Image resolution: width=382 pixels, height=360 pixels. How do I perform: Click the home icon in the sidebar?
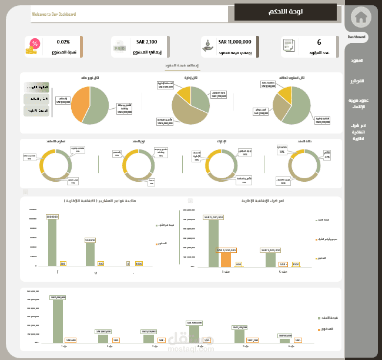point(361,16)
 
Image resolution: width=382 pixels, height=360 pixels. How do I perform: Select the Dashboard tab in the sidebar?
point(356,37)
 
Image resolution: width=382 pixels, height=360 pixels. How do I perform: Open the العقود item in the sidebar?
point(357,61)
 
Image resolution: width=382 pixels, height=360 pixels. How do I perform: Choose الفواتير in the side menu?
point(357,81)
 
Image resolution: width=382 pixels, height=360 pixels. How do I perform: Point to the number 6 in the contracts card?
point(319,42)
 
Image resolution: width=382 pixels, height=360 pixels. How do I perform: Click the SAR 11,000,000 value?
point(234,42)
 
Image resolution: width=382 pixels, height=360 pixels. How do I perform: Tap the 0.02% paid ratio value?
point(63,42)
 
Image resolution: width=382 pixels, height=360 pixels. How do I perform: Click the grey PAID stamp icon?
point(120,46)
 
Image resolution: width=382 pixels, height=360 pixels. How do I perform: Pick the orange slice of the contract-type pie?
point(79,102)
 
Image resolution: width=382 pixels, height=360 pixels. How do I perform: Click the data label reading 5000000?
point(90,240)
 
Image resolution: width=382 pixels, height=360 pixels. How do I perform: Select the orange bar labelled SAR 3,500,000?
point(226,259)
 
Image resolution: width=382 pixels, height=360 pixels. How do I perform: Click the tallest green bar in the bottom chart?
point(58,321)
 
